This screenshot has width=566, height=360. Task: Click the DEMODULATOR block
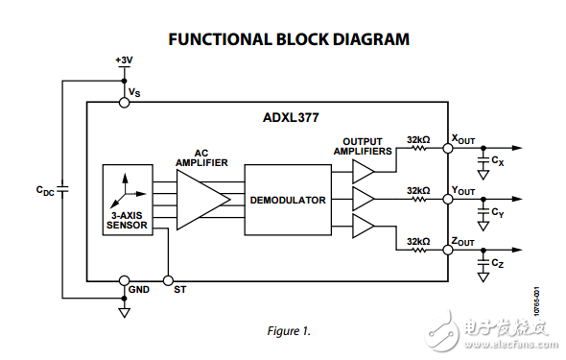288,200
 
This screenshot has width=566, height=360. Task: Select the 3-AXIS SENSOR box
128,200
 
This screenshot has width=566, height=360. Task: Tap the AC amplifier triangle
203,200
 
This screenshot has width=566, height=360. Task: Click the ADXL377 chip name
291,118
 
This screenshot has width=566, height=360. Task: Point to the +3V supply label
124,60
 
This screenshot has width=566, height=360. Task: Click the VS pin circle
124,103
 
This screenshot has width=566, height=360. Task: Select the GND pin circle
124,280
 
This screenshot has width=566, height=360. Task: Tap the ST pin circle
168,280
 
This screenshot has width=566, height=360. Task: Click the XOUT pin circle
448,148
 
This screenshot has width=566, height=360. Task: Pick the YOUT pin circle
448,199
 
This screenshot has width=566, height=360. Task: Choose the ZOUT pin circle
448,250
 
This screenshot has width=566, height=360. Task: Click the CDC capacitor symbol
62,189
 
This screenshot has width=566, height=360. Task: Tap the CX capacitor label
498,160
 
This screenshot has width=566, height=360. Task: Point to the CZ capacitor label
498,263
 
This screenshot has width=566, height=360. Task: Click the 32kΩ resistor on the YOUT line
418,199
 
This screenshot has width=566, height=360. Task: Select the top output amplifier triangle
364,172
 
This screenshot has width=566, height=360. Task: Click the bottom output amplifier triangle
364,226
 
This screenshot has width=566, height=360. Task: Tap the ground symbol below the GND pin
124,312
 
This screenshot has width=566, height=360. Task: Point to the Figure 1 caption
289,331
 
